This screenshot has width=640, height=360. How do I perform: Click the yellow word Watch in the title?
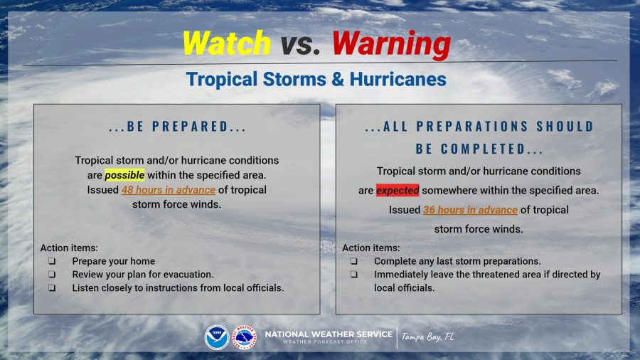227,43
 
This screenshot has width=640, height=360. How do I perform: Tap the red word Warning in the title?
391,45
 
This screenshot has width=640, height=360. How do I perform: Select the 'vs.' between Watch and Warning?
300,44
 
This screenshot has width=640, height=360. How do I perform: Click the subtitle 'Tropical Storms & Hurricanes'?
316,79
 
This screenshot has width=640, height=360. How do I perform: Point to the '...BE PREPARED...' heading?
178,127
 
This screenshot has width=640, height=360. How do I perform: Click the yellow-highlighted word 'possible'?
124,175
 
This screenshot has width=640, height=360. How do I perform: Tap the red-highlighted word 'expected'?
398,190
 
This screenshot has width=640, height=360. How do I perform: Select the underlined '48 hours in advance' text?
168,190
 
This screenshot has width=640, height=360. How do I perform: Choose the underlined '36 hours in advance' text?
470,210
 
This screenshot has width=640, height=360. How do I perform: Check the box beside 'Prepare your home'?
52,261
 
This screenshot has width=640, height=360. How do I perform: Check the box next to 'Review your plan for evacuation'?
52,275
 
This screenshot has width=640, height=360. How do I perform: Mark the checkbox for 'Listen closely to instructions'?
52,287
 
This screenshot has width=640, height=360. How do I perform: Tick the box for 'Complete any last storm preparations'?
354,261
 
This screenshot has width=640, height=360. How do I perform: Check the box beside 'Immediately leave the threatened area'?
354,275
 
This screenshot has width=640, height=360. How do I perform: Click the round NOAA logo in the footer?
217,337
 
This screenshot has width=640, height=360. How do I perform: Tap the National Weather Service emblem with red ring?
245,337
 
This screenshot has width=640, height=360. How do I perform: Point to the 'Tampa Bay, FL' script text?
427,337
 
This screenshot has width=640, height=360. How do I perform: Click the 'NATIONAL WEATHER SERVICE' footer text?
329,334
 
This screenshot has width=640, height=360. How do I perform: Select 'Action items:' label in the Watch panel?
69,248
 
